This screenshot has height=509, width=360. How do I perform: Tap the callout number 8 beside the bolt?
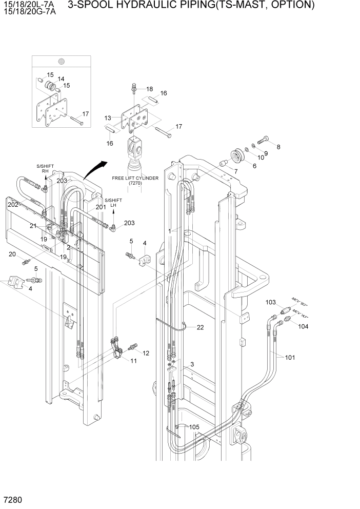point(278,147)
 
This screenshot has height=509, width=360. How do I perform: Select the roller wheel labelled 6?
point(239,154)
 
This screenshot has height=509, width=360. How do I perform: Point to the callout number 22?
point(199,327)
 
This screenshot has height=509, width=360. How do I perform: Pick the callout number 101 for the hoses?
point(290,358)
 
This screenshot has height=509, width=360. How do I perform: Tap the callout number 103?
point(271,302)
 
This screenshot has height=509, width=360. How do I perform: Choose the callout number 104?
point(304,326)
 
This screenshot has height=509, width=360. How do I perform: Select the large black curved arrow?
point(96,169)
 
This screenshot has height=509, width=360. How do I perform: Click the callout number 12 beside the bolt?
point(146,353)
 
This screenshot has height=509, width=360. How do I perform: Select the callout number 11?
point(133,361)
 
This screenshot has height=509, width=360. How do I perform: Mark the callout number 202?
point(13,204)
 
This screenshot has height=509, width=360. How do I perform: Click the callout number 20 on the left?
point(12,254)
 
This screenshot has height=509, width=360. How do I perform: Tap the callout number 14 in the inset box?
point(61,79)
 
